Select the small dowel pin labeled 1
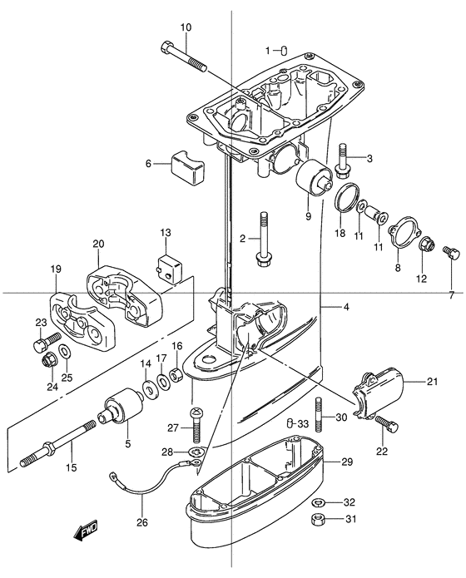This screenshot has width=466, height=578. click(284, 50)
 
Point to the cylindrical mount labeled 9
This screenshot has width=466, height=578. click(314, 177)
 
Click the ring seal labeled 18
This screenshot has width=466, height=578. click(347, 198)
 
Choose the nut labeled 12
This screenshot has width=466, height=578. click(427, 244)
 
